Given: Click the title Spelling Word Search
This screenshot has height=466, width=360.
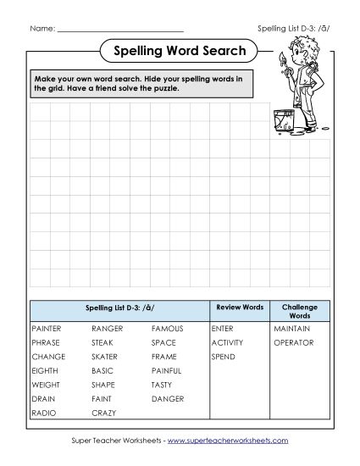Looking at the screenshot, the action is [179, 52].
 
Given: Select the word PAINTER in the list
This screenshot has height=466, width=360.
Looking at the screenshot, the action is [47, 328].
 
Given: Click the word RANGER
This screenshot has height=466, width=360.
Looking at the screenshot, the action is [108, 328].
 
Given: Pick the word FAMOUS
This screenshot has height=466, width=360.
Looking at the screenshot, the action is [167, 328].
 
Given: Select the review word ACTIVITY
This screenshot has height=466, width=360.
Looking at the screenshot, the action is [228, 342].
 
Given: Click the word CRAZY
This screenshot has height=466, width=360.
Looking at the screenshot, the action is [104, 413].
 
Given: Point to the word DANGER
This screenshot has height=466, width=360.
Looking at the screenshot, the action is [167, 398].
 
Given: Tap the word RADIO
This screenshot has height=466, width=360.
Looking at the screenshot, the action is [42, 413].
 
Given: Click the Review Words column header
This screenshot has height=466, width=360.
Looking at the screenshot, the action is [240, 307].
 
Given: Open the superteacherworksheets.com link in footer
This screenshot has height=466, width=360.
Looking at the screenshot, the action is [228, 441].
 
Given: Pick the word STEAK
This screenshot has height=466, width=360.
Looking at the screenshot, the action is [102, 342].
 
